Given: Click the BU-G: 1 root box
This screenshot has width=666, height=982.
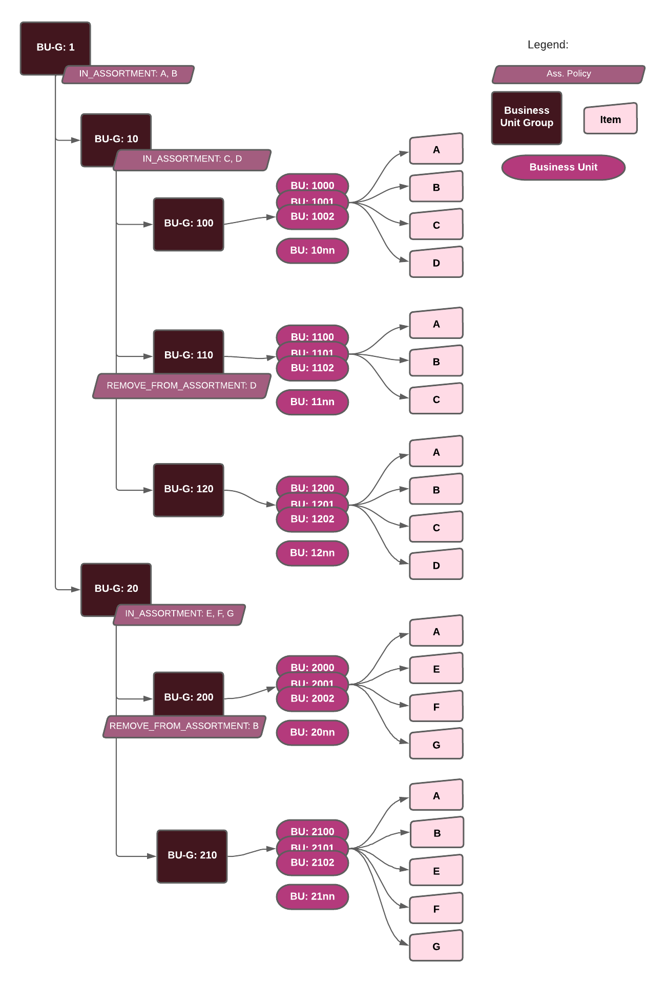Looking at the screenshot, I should pyautogui.click(x=55, y=47).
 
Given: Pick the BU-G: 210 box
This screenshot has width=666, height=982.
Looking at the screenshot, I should pyautogui.click(x=192, y=855).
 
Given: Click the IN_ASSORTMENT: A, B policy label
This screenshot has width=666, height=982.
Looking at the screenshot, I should pyautogui.click(x=128, y=74).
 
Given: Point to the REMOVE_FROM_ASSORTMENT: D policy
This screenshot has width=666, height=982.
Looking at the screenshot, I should pyautogui.click(x=181, y=386).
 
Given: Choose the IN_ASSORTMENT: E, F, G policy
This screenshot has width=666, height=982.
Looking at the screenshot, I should pyautogui.click(x=179, y=614).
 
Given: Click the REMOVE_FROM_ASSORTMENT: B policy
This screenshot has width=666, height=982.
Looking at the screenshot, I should pyautogui.click(x=184, y=726).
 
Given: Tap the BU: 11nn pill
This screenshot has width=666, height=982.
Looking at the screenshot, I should pyautogui.click(x=313, y=402).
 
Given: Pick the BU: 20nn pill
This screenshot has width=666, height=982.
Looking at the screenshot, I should pyautogui.click(x=313, y=733).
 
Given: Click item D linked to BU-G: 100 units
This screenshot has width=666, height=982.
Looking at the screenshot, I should pyautogui.click(x=436, y=263).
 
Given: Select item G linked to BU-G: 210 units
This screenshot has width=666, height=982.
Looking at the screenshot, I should pyautogui.click(x=436, y=946).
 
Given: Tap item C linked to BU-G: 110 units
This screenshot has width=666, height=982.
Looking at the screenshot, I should pyautogui.click(x=436, y=399).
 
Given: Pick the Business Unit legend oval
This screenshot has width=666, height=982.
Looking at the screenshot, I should pyautogui.click(x=564, y=167).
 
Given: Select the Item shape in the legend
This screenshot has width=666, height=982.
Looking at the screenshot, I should pyautogui.click(x=610, y=119).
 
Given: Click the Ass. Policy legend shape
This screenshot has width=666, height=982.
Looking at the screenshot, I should pyautogui.click(x=569, y=74).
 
